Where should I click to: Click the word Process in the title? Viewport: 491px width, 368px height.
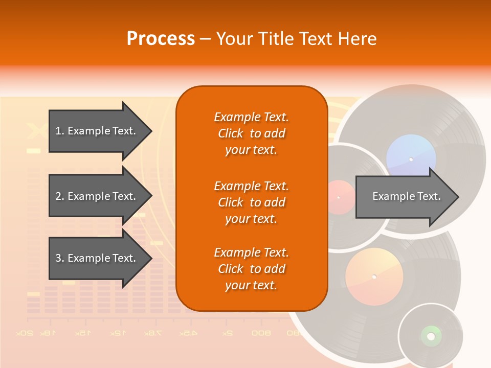pos(161,38)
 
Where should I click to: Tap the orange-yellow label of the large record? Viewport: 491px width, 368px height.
pos(374,277)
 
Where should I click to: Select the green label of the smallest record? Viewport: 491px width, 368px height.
pos(431,336)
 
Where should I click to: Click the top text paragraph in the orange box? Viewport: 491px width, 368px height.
pos(251,133)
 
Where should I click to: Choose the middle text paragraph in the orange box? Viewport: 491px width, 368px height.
pos(251,202)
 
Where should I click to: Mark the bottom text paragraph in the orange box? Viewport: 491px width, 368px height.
pos(251,269)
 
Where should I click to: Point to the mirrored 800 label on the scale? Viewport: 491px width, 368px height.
pos(261,333)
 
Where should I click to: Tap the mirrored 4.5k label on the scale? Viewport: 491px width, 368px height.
pos(188,333)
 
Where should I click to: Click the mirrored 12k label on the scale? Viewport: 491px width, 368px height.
pos(117,333)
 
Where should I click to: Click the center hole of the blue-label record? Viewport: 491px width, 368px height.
pos(411,159)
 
